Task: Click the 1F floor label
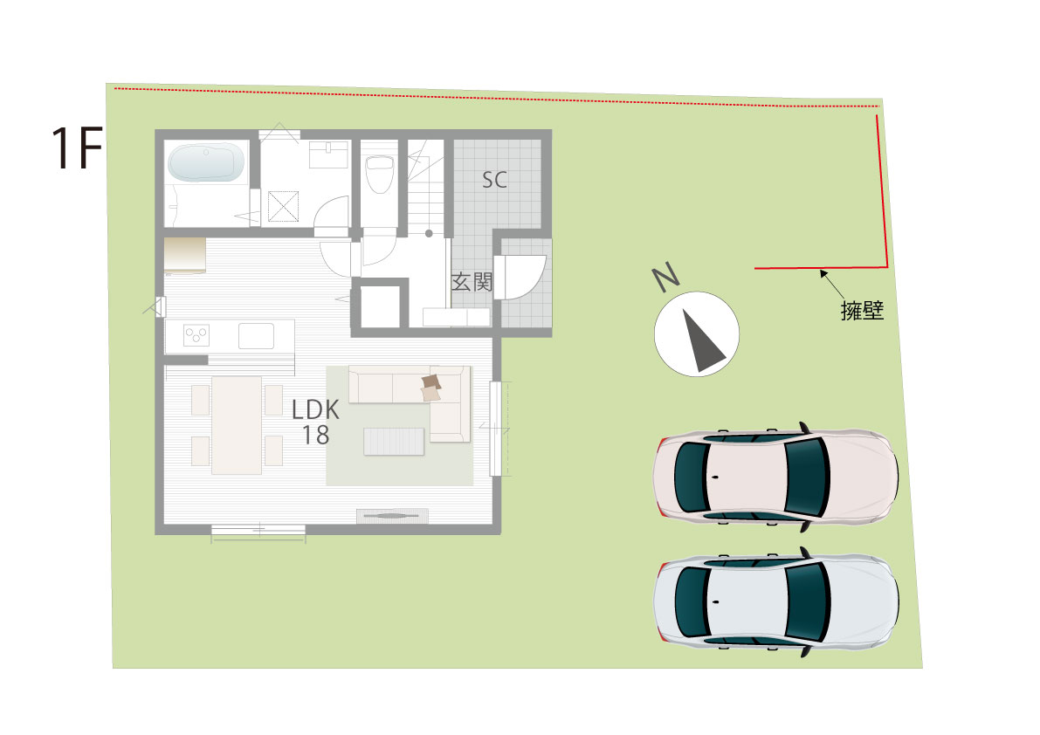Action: pyautogui.click(x=77, y=148)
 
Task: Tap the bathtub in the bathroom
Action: pyautogui.click(x=205, y=161)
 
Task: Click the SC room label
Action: pyautogui.click(x=495, y=180)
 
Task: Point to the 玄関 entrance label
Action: pyautogui.click(x=472, y=282)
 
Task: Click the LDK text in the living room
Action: pyautogui.click(x=316, y=409)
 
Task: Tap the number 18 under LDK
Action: pyautogui.click(x=316, y=435)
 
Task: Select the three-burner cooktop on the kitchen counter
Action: pyautogui.click(x=196, y=335)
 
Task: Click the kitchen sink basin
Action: pyautogui.click(x=256, y=336)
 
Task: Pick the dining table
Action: pyautogui.click(x=237, y=425)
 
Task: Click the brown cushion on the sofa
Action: pyautogui.click(x=431, y=382)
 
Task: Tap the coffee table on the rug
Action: pyautogui.click(x=393, y=442)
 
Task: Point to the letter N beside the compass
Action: pyautogui.click(x=666, y=277)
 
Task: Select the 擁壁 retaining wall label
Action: pyautogui.click(x=862, y=310)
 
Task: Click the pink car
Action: pyautogui.click(x=775, y=476)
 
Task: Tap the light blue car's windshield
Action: pyautogui.click(x=807, y=601)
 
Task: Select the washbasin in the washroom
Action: pyautogui.click(x=329, y=155)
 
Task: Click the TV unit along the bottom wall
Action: pyautogui.click(x=392, y=516)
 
